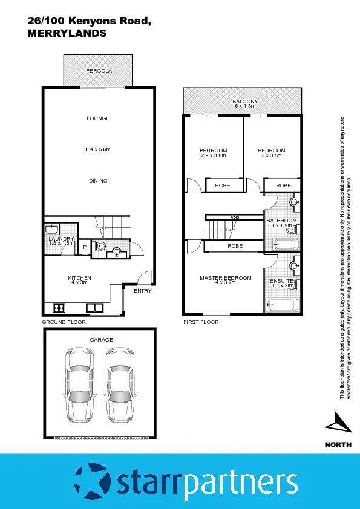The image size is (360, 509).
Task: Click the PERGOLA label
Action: [x=98, y=71]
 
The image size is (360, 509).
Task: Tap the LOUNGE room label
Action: [x=98, y=118]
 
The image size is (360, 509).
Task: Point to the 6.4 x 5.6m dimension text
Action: [x=98, y=149]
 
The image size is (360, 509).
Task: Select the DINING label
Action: [x=98, y=181]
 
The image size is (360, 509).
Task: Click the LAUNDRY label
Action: [x=61, y=239]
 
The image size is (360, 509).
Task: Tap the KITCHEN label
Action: [x=79, y=278]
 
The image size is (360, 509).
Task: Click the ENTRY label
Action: [x=143, y=291]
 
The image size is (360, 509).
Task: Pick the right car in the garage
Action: [x=120, y=385]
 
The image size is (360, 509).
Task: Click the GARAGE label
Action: [x=101, y=340]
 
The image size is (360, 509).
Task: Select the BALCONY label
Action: [x=245, y=102]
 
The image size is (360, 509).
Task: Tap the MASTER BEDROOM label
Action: [x=225, y=278]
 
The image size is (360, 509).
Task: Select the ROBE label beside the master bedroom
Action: [x=235, y=246]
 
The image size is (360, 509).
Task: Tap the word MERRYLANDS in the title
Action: [x=67, y=34]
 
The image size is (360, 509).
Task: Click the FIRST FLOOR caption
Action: [x=201, y=323]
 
